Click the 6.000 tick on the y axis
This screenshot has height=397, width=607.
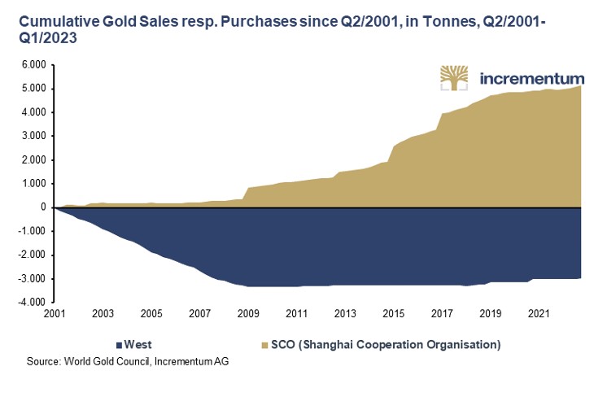(x=33, y=65)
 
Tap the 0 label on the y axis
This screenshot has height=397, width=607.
(x=42, y=207)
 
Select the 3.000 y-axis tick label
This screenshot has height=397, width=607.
(x=33, y=136)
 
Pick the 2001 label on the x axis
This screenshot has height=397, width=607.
(x=55, y=312)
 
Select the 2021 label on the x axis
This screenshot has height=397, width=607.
(x=537, y=312)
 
